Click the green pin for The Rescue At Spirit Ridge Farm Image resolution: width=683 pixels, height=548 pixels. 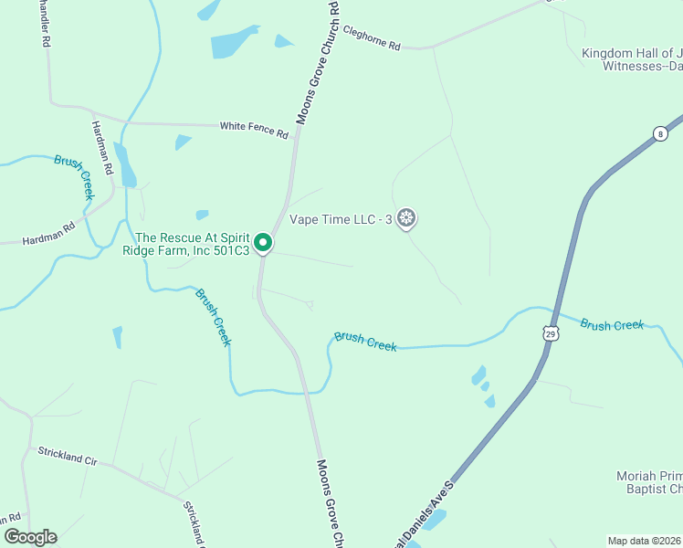pyautogui.click(x=263, y=243)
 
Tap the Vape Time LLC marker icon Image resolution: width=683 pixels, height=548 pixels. pyautogui.click(x=407, y=218)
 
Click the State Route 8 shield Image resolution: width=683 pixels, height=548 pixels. pyautogui.click(x=660, y=134)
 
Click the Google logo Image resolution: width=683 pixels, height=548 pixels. pyautogui.click(x=30, y=537)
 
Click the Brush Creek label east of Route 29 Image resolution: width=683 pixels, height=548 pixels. pyautogui.click(x=612, y=324)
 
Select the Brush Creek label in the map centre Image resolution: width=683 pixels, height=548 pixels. pyautogui.click(x=365, y=342)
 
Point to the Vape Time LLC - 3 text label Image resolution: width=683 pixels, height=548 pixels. pyautogui.click(x=341, y=219)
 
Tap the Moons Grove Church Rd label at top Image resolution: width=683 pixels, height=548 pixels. pyautogui.click(x=316, y=63)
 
